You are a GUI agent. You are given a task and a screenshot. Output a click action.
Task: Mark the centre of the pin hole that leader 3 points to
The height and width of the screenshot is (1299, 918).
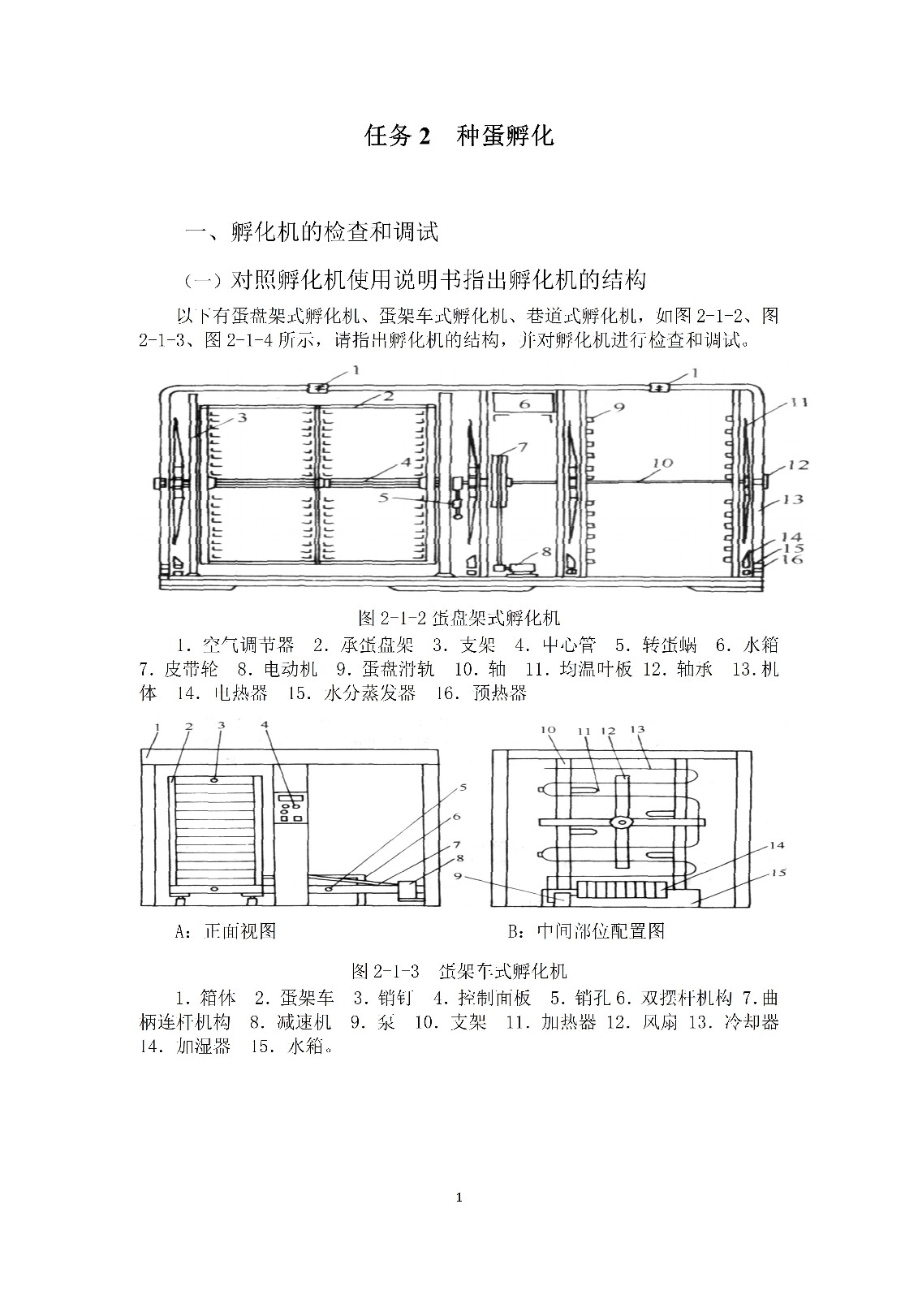[x=215, y=779]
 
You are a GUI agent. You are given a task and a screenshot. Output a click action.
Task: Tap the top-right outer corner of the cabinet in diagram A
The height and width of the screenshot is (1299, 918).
[x=440, y=750]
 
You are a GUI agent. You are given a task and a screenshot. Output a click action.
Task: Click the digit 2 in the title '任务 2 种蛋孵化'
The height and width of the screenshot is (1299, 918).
[x=425, y=137]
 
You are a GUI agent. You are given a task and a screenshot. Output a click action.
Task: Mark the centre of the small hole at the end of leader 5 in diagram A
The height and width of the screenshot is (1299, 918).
[x=329, y=888]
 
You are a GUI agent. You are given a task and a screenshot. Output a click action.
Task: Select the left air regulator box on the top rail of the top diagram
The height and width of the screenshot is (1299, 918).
[x=319, y=387]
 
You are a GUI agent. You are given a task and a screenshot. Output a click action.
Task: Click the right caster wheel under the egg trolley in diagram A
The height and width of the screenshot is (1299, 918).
[x=252, y=900]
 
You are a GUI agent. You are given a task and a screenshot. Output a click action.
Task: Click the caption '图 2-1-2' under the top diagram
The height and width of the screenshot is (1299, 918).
[x=393, y=618]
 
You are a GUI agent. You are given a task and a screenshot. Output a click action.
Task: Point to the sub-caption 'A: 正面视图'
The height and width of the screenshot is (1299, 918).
[x=226, y=930]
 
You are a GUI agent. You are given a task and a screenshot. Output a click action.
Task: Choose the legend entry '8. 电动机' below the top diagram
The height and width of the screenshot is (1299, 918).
[x=278, y=669]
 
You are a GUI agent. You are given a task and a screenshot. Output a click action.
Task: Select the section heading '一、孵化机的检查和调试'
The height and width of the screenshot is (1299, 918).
[x=312, y=232]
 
